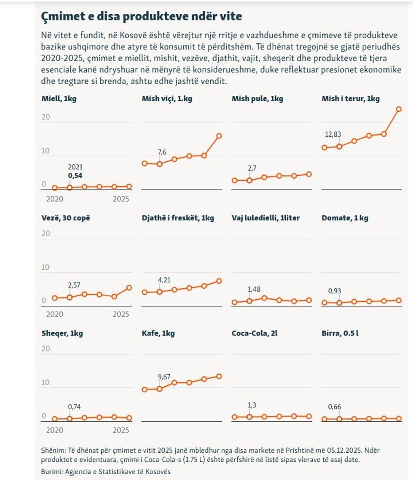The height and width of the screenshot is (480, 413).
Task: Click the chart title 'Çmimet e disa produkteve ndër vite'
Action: [141, 16]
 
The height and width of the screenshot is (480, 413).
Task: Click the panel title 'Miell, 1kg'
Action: [59, 99]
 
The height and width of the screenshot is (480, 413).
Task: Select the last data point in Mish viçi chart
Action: [219, 136]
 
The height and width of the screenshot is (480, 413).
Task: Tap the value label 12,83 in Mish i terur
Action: [333, 134]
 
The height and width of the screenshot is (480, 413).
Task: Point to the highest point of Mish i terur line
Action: [399, 109]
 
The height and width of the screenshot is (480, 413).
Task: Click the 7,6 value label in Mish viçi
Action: [162, 152]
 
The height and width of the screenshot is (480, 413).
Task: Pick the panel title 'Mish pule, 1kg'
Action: [257, 99]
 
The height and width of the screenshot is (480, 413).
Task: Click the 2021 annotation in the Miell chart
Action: [75, 167]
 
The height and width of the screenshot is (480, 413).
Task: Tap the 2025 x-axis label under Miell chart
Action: [121, 198]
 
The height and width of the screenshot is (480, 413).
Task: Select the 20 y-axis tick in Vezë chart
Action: [46, 233]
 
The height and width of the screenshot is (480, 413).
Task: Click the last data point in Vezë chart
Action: [129, 288]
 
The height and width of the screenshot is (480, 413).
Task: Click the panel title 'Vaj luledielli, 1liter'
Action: [265, 218]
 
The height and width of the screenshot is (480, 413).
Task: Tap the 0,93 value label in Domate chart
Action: [335, 291]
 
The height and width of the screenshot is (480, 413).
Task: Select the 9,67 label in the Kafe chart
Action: [164, 377]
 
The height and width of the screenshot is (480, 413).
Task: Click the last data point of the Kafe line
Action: [219, 376]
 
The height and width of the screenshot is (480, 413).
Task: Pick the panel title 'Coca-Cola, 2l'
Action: [255, 333]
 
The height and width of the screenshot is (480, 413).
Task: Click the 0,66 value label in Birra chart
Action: [335, 407]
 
